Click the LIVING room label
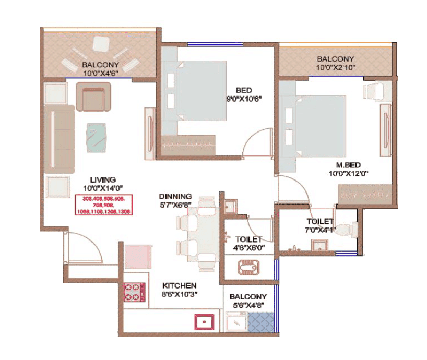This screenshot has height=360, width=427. [102, 179]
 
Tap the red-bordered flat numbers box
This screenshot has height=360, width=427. [105, 205]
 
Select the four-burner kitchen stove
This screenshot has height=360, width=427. [135, 292]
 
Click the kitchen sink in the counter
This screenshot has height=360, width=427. [205, 322]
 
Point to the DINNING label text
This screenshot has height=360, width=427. [175, 197]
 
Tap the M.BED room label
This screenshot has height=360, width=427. [341, 165]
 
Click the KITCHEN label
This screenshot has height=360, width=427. [179, 285]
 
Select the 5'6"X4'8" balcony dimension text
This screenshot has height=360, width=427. [248, 305]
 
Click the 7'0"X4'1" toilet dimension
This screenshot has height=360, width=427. [320, 229]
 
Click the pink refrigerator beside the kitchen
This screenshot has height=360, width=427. [137, 256]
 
